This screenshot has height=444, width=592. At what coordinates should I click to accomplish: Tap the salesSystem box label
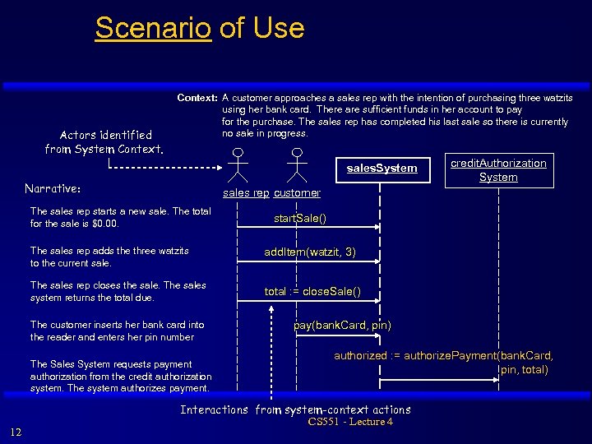[x=382, y=169]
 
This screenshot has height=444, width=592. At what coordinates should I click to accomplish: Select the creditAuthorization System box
[x=498, y=170]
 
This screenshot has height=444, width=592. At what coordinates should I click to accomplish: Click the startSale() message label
[x=299, y=218]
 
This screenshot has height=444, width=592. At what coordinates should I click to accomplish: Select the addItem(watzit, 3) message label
[x=309, y=252]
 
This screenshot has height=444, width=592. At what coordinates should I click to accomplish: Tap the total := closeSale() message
[x=312, y=291]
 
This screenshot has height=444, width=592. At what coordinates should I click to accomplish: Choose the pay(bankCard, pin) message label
[x=342, y=325]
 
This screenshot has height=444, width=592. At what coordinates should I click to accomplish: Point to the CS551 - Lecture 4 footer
[x=350, y=422]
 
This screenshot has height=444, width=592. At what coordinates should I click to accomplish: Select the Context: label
[x=197, y=98]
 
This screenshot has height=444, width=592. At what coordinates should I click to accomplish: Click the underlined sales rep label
[x=247, y=192]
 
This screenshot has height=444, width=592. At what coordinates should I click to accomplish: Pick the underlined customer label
[x=297, y=192]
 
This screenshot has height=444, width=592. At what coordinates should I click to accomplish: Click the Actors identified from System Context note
[x=105, y=141]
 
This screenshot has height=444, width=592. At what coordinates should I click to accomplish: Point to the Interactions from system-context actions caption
[x=295, y=409]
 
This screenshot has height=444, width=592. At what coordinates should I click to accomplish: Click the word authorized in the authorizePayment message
[x=359, y=356]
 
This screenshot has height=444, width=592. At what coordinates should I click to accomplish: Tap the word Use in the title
[x=278, y=28]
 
